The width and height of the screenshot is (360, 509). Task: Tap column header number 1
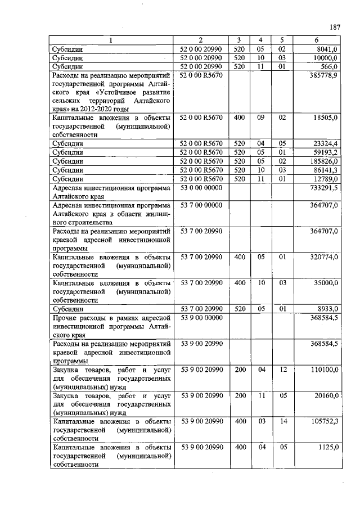click(110, 40)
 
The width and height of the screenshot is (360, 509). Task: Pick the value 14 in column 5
click(282, 421)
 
